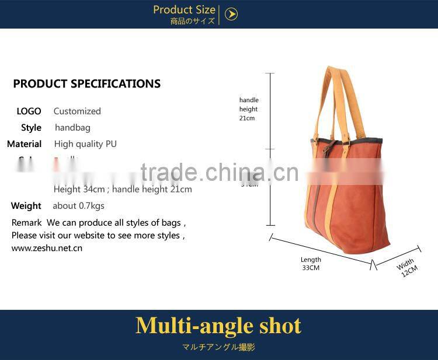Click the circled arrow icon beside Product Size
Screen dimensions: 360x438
click(231, 15)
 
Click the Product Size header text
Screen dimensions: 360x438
click(184, 10)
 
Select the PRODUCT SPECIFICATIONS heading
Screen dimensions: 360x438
click(86, 83)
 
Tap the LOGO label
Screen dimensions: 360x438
click(29, 111)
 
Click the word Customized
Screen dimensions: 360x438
click(77, 111)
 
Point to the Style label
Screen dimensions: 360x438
click(31, 127)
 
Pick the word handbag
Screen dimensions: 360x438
click(72, 127)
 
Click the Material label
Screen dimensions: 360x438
click(25, 144)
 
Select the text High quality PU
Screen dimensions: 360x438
click(85, 144)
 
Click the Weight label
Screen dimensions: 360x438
click(26, 205)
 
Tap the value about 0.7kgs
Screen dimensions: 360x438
click(78, 205)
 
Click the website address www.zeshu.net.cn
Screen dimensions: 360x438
click(47, 248)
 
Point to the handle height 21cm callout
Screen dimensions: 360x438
click(248, 109)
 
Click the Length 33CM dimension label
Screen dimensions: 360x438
click(311, 264)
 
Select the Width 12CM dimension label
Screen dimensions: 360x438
click(408, 267)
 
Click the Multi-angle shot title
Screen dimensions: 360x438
click(218, 326)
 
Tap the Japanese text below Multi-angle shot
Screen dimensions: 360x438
click(218, 347)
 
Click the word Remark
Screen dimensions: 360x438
click(27, 222)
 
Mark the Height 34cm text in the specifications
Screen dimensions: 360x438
click(79, 189)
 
